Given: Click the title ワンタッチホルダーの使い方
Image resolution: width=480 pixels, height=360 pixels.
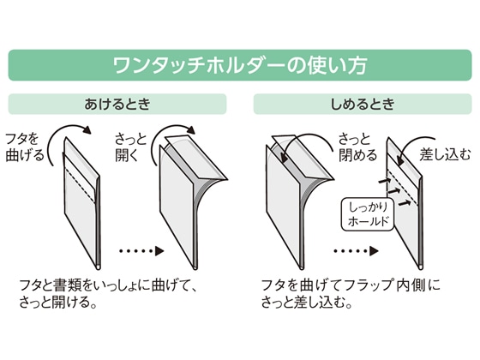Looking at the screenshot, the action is (x=240, y=65).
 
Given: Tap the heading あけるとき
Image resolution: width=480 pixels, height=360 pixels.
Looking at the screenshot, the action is (x=117, y=104).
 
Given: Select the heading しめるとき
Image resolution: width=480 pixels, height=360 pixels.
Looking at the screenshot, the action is (x=363, y=104).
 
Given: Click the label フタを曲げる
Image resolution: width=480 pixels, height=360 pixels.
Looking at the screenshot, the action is (x=25, y=147).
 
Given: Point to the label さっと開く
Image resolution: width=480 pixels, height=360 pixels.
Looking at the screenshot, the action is (x=130, y=147).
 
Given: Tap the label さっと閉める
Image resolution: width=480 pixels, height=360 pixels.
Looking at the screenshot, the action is (x=357, y=147).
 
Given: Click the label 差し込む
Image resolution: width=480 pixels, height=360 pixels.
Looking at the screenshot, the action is (x=445, y=154).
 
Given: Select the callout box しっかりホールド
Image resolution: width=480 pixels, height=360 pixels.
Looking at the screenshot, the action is (x=368, y=214).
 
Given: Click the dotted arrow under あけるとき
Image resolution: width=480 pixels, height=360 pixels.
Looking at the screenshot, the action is (x=141, y=251).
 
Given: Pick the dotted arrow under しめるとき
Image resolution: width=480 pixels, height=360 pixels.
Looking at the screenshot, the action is (x=356, y=251).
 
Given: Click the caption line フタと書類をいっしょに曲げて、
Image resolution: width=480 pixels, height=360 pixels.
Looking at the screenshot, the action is (x=107, y=285).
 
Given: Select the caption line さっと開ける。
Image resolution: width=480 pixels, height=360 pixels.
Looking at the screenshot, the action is (x=58, y=303).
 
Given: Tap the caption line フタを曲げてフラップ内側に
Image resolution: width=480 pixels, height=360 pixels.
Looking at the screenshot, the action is (x=351, y=285).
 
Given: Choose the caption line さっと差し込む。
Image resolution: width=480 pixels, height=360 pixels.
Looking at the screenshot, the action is (x=307, y=303).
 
